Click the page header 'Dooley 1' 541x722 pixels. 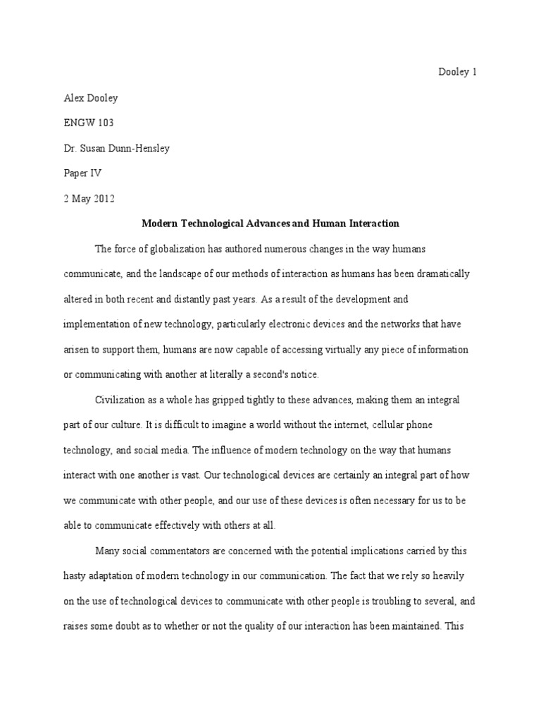click(458, 73)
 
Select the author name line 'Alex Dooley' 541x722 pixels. click(87, 98)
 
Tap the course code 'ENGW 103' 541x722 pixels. click(88, 123)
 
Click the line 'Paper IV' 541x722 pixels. click(82, 173)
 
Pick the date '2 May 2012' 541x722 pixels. click(89, 199)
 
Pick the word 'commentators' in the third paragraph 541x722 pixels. click(184, 551)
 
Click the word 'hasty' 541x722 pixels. click(75, 576)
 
